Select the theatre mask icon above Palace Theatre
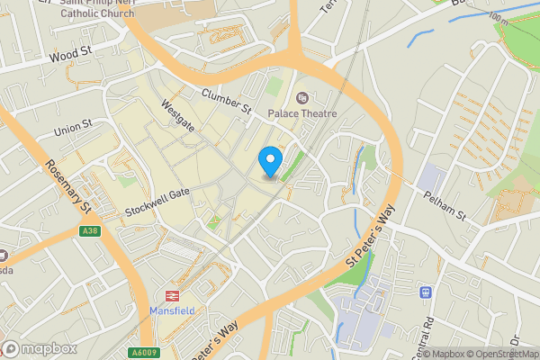point(301,96)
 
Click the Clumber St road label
point(225,101)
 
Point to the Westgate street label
point(177,115)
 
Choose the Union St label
point(73,129)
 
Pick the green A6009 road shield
point(143,352)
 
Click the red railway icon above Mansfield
point(169,294)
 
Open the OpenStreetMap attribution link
point(501,354)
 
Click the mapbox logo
point(40,348)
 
